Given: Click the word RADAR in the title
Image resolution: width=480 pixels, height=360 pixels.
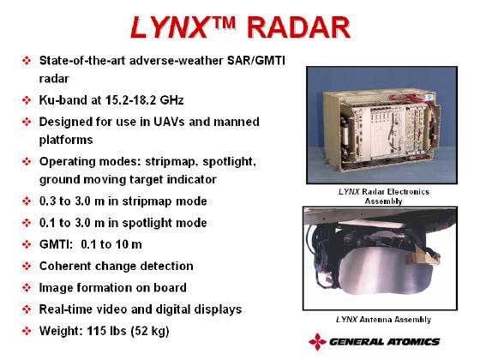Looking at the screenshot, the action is point(298,27).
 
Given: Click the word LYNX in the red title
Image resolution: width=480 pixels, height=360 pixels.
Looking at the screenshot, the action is point(170,27).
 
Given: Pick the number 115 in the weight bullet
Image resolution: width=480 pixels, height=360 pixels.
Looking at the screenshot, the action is point(97,331).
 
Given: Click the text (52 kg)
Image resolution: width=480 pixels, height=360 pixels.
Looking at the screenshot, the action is point(150,331).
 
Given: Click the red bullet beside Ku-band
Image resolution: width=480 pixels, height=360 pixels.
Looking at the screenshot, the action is point(27,100).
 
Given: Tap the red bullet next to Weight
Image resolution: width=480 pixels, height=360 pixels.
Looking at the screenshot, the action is point(27,331).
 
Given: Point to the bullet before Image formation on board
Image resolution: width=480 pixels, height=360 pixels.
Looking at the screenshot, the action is point(27,288).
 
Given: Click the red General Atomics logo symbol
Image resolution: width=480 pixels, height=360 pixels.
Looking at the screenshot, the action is point(317,342).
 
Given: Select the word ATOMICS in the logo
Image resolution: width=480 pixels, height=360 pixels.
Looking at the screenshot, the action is point(413,342).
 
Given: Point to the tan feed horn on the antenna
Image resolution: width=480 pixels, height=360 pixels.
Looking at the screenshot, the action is point(423,256).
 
